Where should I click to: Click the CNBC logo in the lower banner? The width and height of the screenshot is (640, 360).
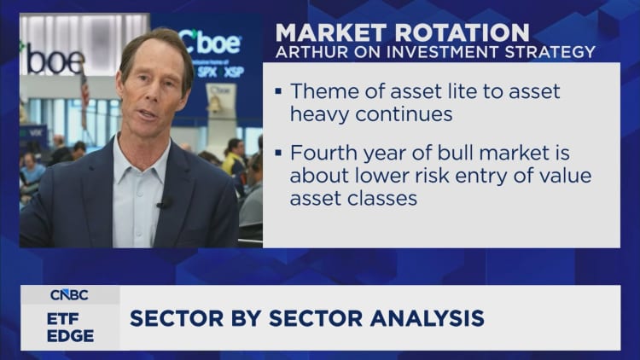click(70, 295)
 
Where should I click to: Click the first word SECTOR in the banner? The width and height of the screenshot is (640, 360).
click(172, 319)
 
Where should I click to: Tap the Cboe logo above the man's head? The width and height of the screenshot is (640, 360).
click(209, 41)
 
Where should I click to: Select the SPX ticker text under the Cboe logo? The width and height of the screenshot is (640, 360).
click(208, 71)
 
